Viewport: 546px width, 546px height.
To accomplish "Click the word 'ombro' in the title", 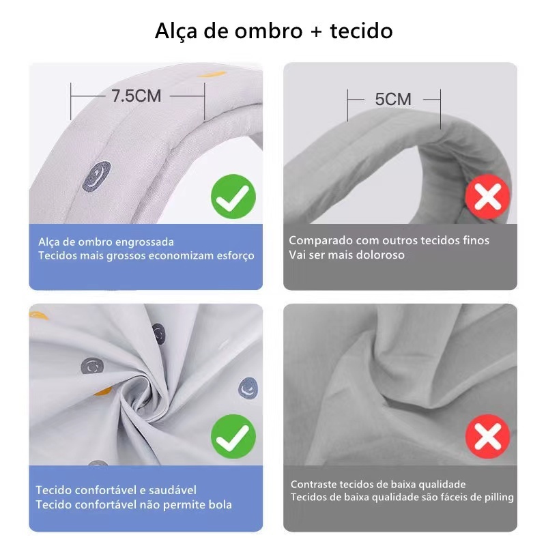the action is tap(268, 31).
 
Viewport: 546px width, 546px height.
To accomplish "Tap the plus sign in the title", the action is tap(316, 31).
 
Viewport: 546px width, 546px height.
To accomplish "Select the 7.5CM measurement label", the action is tap(136, 96).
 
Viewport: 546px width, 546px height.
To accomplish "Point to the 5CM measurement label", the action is tap(393, 99).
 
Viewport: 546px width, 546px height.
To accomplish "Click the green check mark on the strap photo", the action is tap(233, 197).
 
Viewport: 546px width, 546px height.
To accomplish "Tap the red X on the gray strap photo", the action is tap(487, 197).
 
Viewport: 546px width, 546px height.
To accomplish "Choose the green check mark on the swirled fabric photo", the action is tap(233, 436).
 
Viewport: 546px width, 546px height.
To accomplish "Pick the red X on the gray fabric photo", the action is tap(487, 436).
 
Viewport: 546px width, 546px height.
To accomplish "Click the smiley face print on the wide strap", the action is tap(96, 176).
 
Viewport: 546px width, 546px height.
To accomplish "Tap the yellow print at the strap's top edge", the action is tap(212, 74).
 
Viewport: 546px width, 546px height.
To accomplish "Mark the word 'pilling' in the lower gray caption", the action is tap(500, 498).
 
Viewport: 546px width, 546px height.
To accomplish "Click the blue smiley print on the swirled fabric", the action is tap(248, 388).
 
